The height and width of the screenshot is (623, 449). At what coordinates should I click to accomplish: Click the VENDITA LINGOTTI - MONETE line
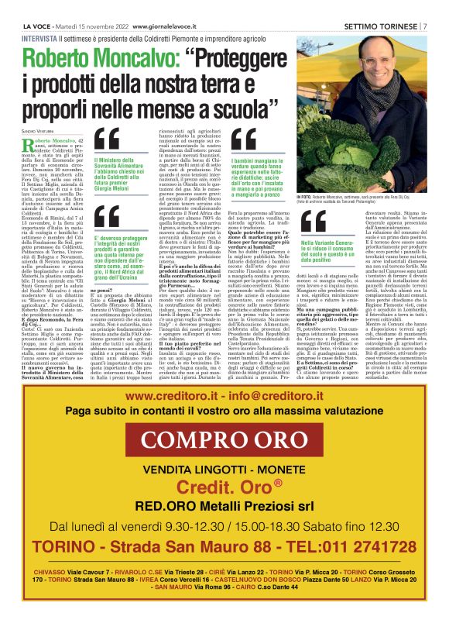[223, 470]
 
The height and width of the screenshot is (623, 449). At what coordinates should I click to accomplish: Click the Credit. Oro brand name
[224, 488]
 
